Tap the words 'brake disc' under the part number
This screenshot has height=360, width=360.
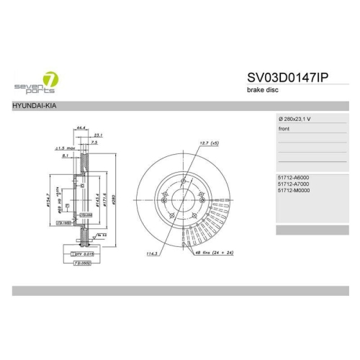pyautogui.click(x=264, y=91)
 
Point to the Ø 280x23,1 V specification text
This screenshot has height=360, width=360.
pyautogui.click(x=294, y=118)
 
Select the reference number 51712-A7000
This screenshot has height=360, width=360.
pyautogui.click(x=294, y=184)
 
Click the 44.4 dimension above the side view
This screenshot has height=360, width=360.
pyautogui.click(x=81, y=127)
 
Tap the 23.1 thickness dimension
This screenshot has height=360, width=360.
pyautogui.click(x=98, y=135)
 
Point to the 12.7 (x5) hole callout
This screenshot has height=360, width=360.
pyautogui.click(x=208, y=143)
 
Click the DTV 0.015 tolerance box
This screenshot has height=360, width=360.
pyautogui.click(x=80, y=254)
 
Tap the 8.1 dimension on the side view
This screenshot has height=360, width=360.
pyautogui.click(x=66, y=155)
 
